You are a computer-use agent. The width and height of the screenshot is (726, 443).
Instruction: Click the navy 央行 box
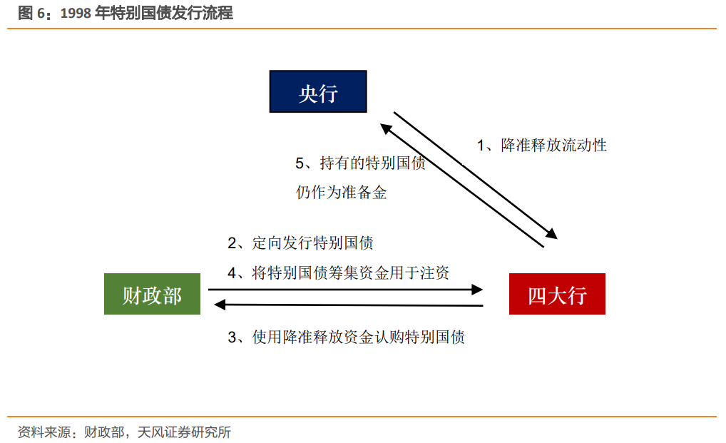(318, 91)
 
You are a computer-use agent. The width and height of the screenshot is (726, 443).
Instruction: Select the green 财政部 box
(153, 294)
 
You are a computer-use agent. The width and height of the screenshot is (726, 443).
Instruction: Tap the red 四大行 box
(557, 294)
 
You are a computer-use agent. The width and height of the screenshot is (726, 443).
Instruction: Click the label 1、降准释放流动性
(542, 145)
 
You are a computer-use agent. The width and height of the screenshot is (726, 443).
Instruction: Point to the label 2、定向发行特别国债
(300, 243)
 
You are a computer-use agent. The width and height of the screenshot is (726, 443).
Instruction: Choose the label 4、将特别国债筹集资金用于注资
(339, 273)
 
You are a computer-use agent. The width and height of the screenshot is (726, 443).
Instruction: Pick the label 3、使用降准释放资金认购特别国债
(346, 337)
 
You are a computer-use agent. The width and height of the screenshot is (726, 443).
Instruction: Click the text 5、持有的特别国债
(360, 163)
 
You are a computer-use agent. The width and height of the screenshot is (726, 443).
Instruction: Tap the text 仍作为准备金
(341, 192)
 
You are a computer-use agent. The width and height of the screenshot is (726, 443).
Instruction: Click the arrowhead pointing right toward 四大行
(477, 290)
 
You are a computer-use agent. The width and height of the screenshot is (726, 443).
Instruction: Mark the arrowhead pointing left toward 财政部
(220, 305)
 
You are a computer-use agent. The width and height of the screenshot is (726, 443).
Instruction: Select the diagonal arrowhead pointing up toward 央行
(386, 128)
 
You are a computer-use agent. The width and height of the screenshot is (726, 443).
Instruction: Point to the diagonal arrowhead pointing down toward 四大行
(551, 233)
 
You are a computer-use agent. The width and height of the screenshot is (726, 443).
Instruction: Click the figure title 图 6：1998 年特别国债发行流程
(126, 13)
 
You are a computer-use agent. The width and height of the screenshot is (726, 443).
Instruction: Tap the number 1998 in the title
(76, 14)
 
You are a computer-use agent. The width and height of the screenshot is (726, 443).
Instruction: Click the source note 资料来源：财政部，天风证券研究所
(124, 432)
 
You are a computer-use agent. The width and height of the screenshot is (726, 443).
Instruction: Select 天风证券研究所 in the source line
(184, 432)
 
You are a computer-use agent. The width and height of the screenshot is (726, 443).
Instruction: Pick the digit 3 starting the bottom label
(232, 337)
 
